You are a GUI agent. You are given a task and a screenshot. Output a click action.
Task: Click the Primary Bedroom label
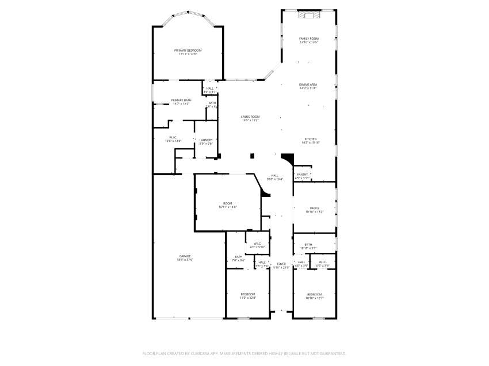(188, 51)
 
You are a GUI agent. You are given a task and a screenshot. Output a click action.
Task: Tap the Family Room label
(309, 38)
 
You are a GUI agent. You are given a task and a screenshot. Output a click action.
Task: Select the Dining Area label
(308, 85)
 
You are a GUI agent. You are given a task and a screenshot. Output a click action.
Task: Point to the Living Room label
(250, 117)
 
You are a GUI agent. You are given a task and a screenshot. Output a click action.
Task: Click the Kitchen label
(311, 140)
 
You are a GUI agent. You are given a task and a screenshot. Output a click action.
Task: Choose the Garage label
(185, 256)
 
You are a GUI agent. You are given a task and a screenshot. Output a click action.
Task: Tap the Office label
(314, 209)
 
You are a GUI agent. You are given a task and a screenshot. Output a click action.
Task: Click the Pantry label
(302, 175)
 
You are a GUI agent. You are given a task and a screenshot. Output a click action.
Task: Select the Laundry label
(206, 140)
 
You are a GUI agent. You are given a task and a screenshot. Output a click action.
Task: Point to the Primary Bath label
(181, 101)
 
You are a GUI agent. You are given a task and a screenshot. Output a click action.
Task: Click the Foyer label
(281, 264)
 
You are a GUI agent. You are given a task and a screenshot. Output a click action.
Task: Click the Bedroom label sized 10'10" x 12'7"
(314, 294)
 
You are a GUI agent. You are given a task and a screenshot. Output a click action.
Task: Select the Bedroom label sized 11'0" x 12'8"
(247, 294)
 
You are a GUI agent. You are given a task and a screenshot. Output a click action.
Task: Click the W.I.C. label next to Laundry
(173, 137)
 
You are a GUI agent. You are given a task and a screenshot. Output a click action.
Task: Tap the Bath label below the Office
(308, 245)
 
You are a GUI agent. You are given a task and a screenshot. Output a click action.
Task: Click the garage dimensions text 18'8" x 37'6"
(185, 260)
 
